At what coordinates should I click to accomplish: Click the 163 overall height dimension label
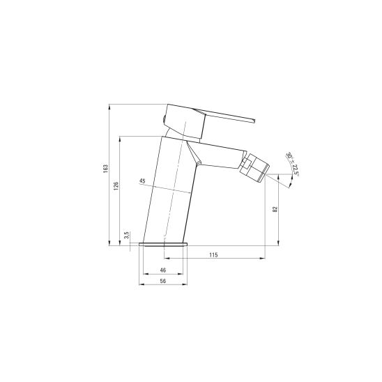[x=105, y=169]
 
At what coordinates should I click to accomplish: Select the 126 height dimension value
[x=116, y=186]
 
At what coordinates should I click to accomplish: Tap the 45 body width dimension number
[x=142, y=181]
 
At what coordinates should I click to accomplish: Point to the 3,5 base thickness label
[x=126, y=236]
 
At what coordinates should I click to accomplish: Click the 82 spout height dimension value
[x=275, y=209]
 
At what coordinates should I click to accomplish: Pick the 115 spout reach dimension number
[x=213, y=255]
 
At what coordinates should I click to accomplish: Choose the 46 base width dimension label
[x=163, y=270]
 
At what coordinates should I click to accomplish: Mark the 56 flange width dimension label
[x=163, y=281]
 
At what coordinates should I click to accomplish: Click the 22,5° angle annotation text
[x=296, y=170]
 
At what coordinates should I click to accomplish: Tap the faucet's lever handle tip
[x=254, y=121]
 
